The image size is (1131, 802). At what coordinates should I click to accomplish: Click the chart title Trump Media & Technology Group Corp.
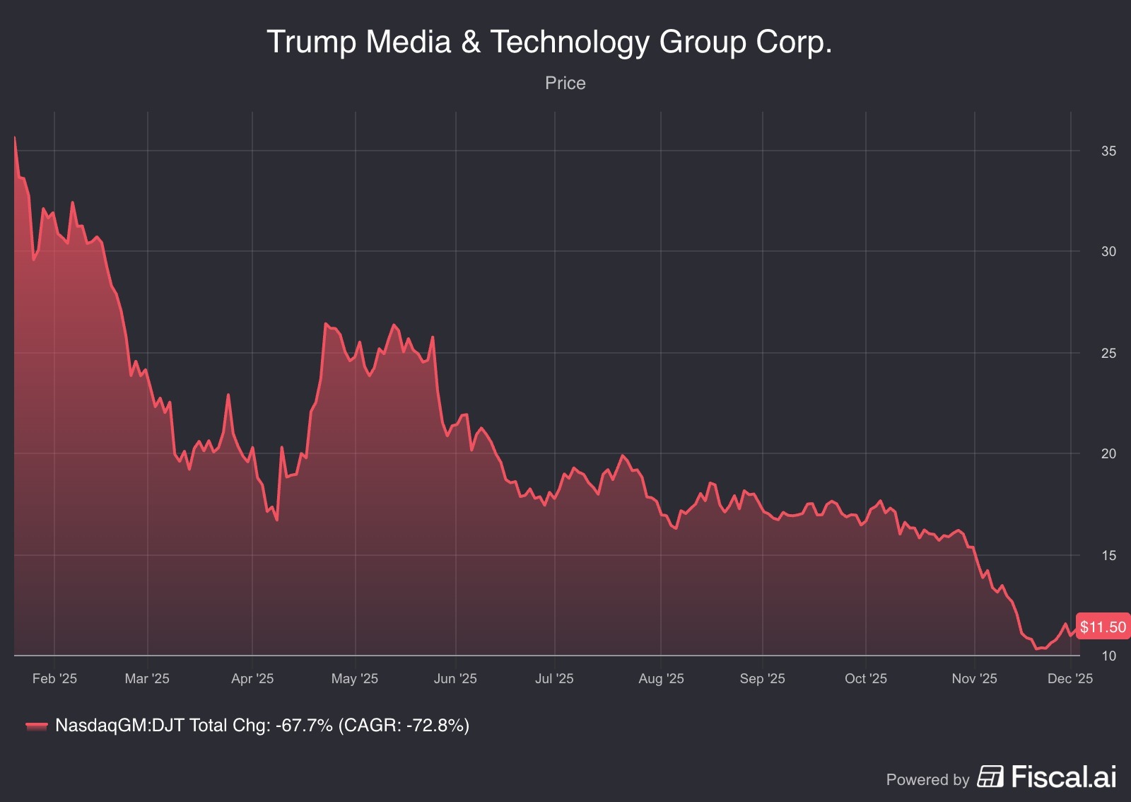[x=549, y=42]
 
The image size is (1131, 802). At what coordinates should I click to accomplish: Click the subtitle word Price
[x=565, y=83]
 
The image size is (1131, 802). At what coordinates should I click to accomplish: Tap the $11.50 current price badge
[x=1103, y=627]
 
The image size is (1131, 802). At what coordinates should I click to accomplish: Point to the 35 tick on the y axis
[x=1108, y=151]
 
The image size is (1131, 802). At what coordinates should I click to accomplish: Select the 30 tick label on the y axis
[x=1108, y=252]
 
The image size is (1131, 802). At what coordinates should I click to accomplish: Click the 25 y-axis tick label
[x=1108, y=353]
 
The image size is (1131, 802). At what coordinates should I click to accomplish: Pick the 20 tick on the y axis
[x=1108, y=454]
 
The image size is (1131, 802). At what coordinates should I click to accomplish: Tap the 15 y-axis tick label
[x=1108, y=555]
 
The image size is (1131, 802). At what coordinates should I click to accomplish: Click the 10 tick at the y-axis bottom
[x=1108, y=656]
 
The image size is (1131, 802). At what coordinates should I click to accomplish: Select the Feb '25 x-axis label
[x=54, y=679]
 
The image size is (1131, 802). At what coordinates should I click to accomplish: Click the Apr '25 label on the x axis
[x=252, y=679]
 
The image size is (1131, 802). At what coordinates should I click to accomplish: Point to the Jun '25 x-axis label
[x=455, y=679]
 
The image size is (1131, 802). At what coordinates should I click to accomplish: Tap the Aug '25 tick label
[x=661, y=679]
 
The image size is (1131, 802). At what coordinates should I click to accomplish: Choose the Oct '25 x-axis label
[x=865, y=679]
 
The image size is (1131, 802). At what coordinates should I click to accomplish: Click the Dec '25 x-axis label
[x=1070, y=679]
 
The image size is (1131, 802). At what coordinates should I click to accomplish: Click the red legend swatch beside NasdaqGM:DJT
[x=37, y=726]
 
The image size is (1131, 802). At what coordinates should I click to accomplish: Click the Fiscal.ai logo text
[x=1063, y=777]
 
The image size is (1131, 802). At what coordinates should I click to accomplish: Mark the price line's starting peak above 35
[x=15, y=137]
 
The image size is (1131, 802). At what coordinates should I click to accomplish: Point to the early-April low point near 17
[x=276, y=521]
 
